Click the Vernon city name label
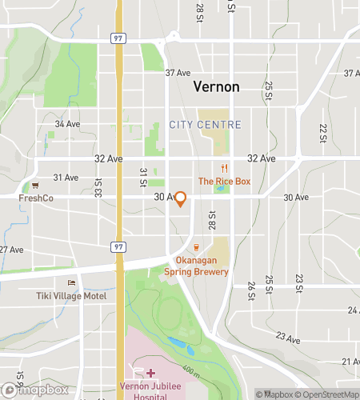(216, 87)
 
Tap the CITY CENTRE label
(205, 125)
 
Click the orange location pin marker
(181, 198)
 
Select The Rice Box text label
(225, 182)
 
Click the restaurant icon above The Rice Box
(225, 168)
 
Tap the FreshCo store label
(36, 198)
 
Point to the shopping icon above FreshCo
(35, 185)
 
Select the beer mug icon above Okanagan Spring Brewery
(197, 247)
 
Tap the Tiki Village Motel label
(72, 295)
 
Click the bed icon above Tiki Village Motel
(72, 282)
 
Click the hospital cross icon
(150, 373)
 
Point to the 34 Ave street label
(67, 124)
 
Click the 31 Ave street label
(66, 177)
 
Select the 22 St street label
(323, 133)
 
